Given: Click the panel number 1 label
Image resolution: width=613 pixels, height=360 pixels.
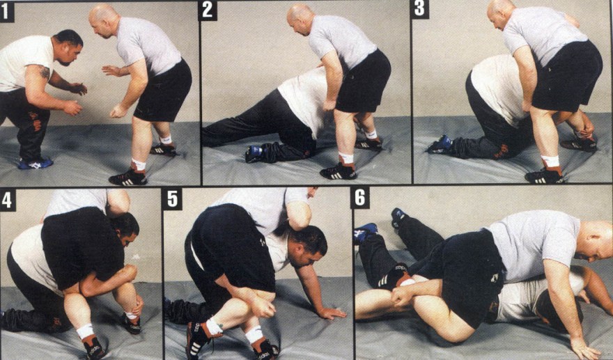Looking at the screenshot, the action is pos(7,11).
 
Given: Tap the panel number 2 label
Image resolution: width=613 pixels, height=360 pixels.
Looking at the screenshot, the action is pos(207,10).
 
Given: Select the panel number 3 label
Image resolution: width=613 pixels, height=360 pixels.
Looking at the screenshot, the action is pos(419,9).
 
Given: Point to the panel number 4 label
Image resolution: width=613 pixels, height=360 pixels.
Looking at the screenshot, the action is pos(8,200).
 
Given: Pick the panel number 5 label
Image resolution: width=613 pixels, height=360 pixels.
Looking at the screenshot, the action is pos(173,199).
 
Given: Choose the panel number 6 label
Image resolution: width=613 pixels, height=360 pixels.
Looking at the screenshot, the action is pos(360,198).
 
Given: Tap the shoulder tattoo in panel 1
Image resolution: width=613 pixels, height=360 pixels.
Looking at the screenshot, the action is pos(45,72).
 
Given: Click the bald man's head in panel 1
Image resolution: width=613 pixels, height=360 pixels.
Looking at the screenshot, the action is pos(103,21).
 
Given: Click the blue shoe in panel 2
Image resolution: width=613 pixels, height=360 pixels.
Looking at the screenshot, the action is pos(255,154).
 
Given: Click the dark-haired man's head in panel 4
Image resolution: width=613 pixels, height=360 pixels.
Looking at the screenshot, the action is pos(126,229).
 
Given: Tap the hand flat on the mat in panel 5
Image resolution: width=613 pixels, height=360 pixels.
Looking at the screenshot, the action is pos(332,313).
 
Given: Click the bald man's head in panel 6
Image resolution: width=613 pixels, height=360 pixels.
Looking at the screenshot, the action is pos(595,240).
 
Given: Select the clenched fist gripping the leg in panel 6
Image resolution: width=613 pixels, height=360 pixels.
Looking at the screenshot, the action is pos(403,295).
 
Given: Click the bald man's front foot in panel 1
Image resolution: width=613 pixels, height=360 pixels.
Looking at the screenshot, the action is pos(128,178).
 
